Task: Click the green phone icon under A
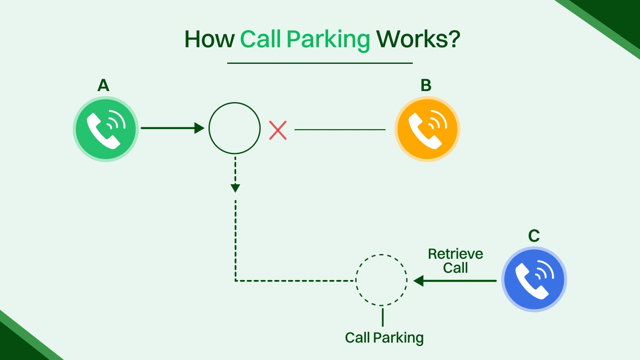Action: pyautogui.click(x=106, y=129)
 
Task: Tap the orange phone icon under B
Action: pyautogui.click(x=427, y=129)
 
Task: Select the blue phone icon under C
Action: pyautogui.click(x=534, y=280)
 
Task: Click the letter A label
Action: pyautogui.click(x=103, y=86)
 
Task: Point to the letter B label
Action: pyautogui.click(x=426, y=86)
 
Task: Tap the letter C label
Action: pyautogui.click(x=534, y=236)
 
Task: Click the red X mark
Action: pyautogui.click(x=278, y=130)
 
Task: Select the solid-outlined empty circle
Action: pyautogui.click(x=234, y=128)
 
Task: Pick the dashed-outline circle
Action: pyautogui.click(x=382, y=280)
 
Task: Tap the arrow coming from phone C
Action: pyautogui.click(x=455, y=281)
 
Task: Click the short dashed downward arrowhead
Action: pyautogui.click(x=235, y=187)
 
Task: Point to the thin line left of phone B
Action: pyautogui.click(x=340, y=129)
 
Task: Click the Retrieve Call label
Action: pyautogui.click(x=455, y=260)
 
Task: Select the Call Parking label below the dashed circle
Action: pyautogui.click(x=384, y=338)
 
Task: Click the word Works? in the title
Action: pyautogui.click(x=418, y=39)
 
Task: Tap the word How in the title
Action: pyautogui.click(x=209, y=39)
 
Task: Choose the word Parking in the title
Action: pyautogui.click(x=328, y=40)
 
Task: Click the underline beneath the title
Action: pyautogui.click(x=320, y=63)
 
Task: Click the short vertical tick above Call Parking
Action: pyautogui.click(x=383, y=317)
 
